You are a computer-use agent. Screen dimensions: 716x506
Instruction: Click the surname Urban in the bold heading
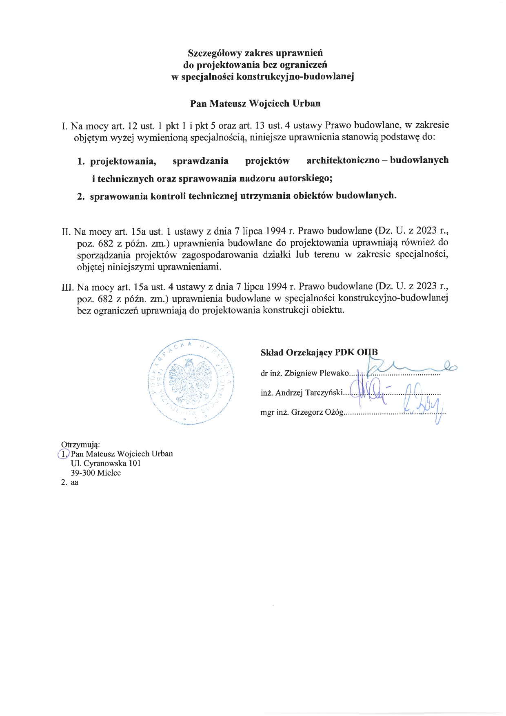point(306,103)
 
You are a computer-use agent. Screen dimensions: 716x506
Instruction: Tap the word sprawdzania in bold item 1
point(200,161)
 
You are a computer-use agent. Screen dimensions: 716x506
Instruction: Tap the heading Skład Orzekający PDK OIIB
point(319,353)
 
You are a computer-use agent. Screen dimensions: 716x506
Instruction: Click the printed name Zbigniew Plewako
point(317,373)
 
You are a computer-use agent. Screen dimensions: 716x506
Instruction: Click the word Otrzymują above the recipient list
point(80,445)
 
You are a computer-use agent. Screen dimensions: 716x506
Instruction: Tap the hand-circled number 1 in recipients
point(64,454)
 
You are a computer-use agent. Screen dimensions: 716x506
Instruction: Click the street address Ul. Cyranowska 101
point(106,463)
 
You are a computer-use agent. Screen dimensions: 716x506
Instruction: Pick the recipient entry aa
point(74,483)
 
